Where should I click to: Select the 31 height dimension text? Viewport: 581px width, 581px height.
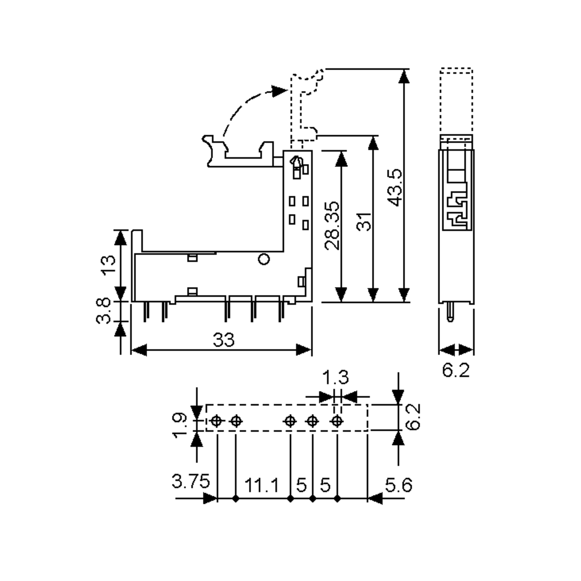(364, 222)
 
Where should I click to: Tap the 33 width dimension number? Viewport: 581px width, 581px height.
(223, 340)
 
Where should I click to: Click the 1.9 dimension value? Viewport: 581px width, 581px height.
(180, 425)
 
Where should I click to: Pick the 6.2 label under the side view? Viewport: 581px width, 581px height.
(456, 370)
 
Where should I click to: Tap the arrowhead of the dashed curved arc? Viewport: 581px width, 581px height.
(279, 91)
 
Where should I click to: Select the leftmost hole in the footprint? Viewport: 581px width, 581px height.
(216, 421)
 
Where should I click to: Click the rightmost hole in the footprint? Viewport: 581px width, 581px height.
(336, 421)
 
